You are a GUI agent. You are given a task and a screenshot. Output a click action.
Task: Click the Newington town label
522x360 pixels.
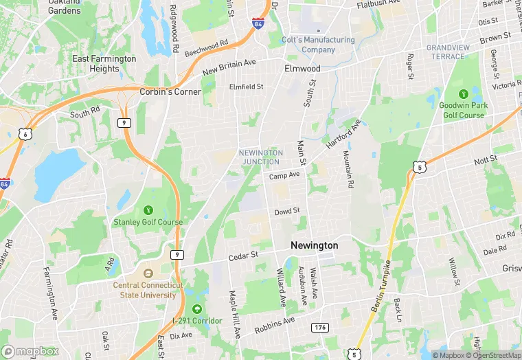[x=315, y=245]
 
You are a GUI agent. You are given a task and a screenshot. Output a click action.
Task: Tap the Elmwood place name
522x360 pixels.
[x=302, y=69]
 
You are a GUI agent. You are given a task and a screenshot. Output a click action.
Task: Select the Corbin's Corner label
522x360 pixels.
[x=170, y=91]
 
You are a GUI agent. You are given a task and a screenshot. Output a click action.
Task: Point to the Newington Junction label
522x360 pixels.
[x=260, y=157]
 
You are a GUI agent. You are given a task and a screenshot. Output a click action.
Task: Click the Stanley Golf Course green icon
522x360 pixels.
[x=148, y=210]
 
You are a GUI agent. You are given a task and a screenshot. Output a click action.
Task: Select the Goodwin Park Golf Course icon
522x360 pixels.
[x=462, y=93]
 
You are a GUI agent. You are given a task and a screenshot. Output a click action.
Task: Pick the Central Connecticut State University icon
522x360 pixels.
[x=148, y=272]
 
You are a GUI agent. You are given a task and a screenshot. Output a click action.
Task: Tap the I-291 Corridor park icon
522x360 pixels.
[x=198, y=309]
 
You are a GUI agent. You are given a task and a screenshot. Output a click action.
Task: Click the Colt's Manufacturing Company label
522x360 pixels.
[x=319, y=45]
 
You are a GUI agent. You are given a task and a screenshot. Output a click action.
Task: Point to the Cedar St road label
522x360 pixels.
[x=242, y=256]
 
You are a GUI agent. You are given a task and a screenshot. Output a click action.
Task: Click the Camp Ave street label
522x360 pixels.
[x=284, y=176]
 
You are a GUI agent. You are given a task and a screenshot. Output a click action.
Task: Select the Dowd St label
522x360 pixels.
[x=287, y=211]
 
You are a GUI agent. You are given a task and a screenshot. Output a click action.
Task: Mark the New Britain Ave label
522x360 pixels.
[x=229, y=67]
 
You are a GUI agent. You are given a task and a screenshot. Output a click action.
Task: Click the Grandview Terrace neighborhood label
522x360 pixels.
[x=448, y=52]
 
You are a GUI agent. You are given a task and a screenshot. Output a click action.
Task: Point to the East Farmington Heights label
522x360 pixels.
[x=104, y=64]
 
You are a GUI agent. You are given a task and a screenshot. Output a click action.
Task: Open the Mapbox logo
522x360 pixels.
[x=30, y=351]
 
